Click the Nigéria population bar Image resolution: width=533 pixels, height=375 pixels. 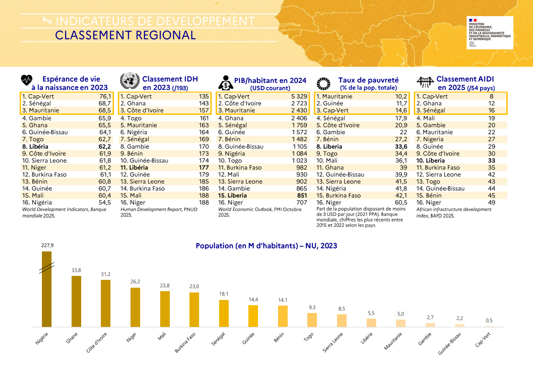point(47,289)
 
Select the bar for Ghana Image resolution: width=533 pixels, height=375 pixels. point(76,301)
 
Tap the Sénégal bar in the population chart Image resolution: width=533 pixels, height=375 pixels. point(224,313)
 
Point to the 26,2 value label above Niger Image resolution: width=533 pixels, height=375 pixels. point(135,282)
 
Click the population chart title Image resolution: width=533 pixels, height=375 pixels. point(266,246)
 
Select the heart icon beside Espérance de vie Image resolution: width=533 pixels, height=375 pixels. point(27,81)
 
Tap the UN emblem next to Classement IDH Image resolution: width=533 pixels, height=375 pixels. point(128,81)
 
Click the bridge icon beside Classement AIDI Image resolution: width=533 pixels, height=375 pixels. point(425,82)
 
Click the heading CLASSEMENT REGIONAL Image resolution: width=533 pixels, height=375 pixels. point(125,35)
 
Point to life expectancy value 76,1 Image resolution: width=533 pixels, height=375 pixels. point(105,96)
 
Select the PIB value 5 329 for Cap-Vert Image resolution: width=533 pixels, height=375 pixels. point(299,96)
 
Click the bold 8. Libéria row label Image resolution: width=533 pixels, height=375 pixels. point(35,146)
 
